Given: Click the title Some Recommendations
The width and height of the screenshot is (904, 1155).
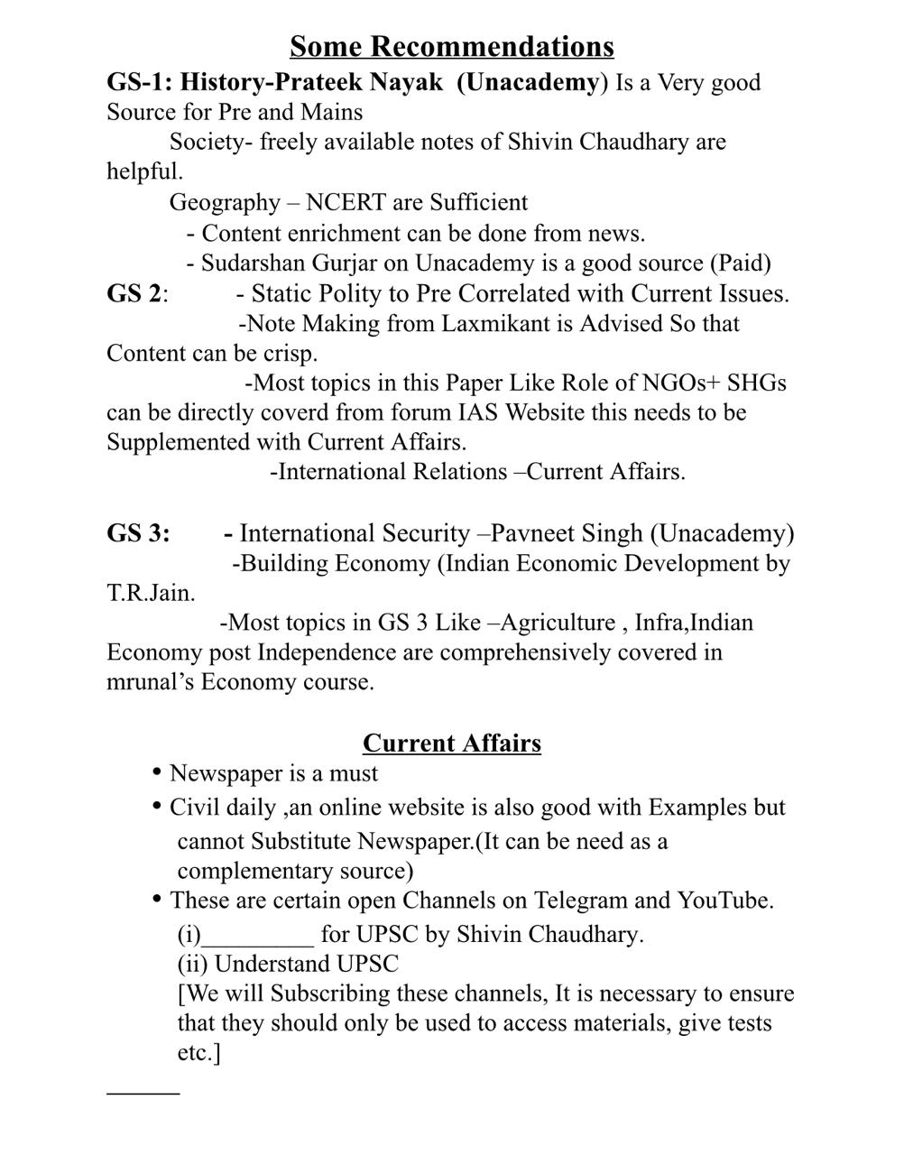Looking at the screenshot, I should coord(452,46).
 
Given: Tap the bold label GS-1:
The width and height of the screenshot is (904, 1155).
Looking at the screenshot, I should coord(139,82).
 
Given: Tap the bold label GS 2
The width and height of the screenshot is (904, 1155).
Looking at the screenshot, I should coord(134,294).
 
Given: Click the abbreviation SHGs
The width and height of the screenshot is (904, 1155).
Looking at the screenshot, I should coord(757,383).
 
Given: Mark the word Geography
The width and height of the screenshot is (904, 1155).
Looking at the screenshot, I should coord(225,202).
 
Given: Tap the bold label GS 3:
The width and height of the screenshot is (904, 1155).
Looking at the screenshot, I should coord(138,533).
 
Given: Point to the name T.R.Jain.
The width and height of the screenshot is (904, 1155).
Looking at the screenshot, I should coord(150,594).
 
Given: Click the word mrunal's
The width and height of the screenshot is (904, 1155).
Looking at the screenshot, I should coord(150,682).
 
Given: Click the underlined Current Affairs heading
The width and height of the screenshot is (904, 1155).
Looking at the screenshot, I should coord(452,744).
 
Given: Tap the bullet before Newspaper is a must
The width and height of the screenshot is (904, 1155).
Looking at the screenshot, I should coord(157,772).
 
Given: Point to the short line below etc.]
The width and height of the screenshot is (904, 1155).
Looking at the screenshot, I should coord(143,1094).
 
